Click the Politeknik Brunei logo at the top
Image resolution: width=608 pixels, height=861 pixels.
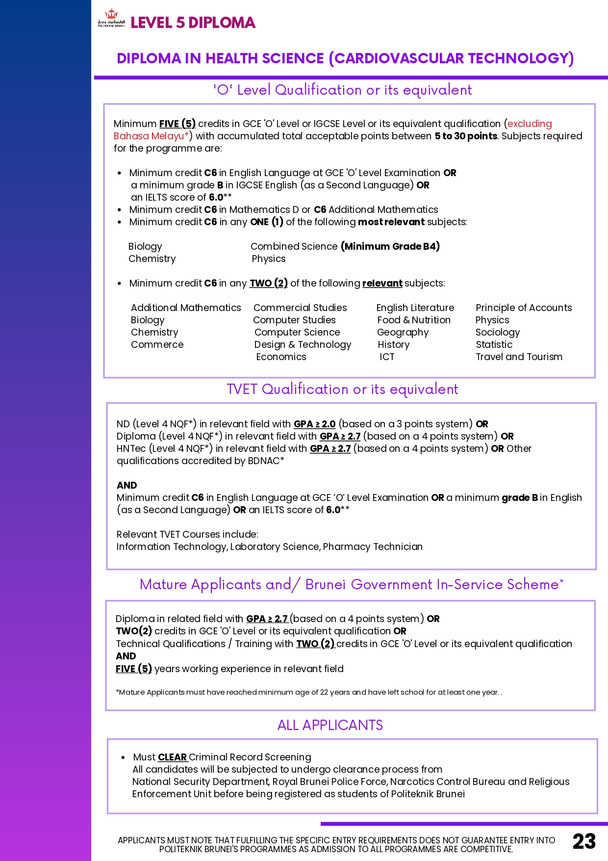pos(111,19)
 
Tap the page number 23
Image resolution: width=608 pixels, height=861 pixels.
pos(584,841)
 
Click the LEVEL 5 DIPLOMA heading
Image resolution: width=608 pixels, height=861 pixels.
pos(193,23)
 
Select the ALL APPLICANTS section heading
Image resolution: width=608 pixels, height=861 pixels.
pos(330,725)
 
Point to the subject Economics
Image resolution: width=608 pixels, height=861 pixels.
pos(281,357)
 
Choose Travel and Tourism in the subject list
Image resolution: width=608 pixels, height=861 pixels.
pos(519,357)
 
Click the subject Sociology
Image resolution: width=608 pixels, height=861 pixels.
pos(497,333)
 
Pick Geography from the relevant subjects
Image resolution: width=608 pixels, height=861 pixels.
pos(403,333)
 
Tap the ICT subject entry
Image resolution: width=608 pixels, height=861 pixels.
pos(387,357)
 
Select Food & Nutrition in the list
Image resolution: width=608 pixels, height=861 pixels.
pos(414,320)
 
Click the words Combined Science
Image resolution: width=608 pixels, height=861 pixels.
pos(294,246)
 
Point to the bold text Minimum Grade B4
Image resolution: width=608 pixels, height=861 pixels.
pos(390,246)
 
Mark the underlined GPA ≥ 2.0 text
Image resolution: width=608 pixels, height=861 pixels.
pos(314,424)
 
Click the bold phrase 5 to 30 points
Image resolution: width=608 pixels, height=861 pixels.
pos(466,136)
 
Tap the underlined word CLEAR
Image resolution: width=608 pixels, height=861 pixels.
pos(173,757)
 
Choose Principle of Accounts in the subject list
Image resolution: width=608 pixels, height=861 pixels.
pos(524,308)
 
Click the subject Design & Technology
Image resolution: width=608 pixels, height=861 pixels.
pos(303,345)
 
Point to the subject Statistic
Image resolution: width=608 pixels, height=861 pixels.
pos(494,345)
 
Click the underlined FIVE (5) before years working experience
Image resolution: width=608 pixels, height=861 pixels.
pos(134,669)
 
